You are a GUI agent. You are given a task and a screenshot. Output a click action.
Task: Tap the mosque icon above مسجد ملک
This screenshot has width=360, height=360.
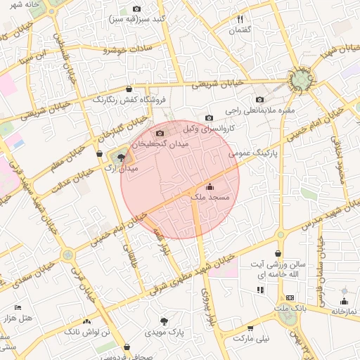210,187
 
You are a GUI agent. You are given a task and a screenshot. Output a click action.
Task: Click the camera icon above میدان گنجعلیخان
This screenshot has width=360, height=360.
160,133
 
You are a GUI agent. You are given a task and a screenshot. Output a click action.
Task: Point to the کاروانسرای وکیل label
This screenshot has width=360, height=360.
207,129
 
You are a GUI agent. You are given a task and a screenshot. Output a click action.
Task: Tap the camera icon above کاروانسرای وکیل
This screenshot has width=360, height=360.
209,117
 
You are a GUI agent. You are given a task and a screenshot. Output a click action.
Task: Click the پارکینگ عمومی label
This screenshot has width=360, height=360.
253,152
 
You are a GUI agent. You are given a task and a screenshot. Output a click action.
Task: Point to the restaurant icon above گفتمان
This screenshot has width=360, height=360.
240,20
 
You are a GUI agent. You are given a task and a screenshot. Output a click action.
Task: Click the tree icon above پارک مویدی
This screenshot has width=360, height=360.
165,320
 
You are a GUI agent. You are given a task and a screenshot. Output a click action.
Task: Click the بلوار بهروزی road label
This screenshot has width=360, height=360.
207,308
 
